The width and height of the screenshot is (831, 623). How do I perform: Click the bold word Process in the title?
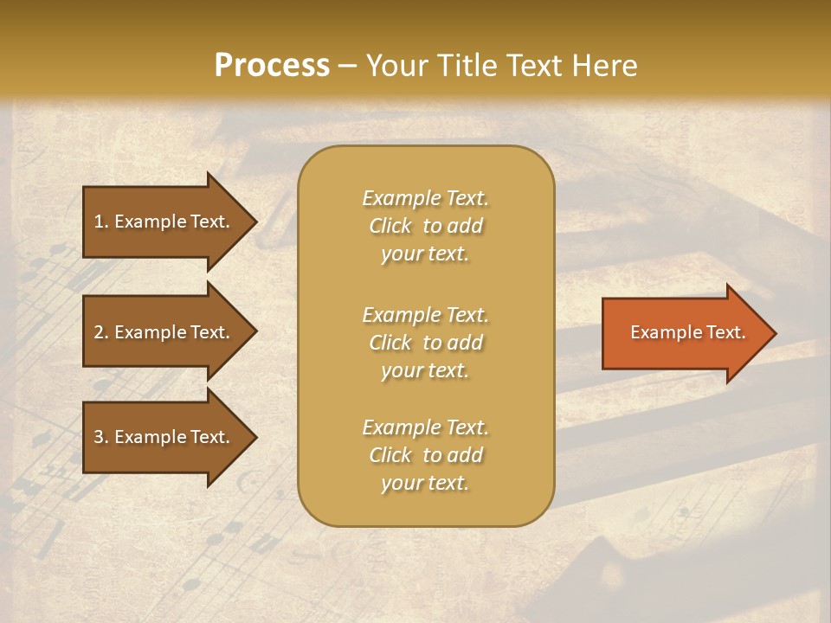(272, 66)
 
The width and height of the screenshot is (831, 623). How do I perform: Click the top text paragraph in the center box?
(425, 226)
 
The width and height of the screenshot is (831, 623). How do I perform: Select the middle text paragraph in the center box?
(425, 343)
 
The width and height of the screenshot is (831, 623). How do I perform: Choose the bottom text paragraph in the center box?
(425, 455)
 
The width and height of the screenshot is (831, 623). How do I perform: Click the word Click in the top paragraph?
(390, 226)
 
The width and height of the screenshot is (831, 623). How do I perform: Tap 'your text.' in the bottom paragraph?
(425, 483)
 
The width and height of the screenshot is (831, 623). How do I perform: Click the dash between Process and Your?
(347, 67)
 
